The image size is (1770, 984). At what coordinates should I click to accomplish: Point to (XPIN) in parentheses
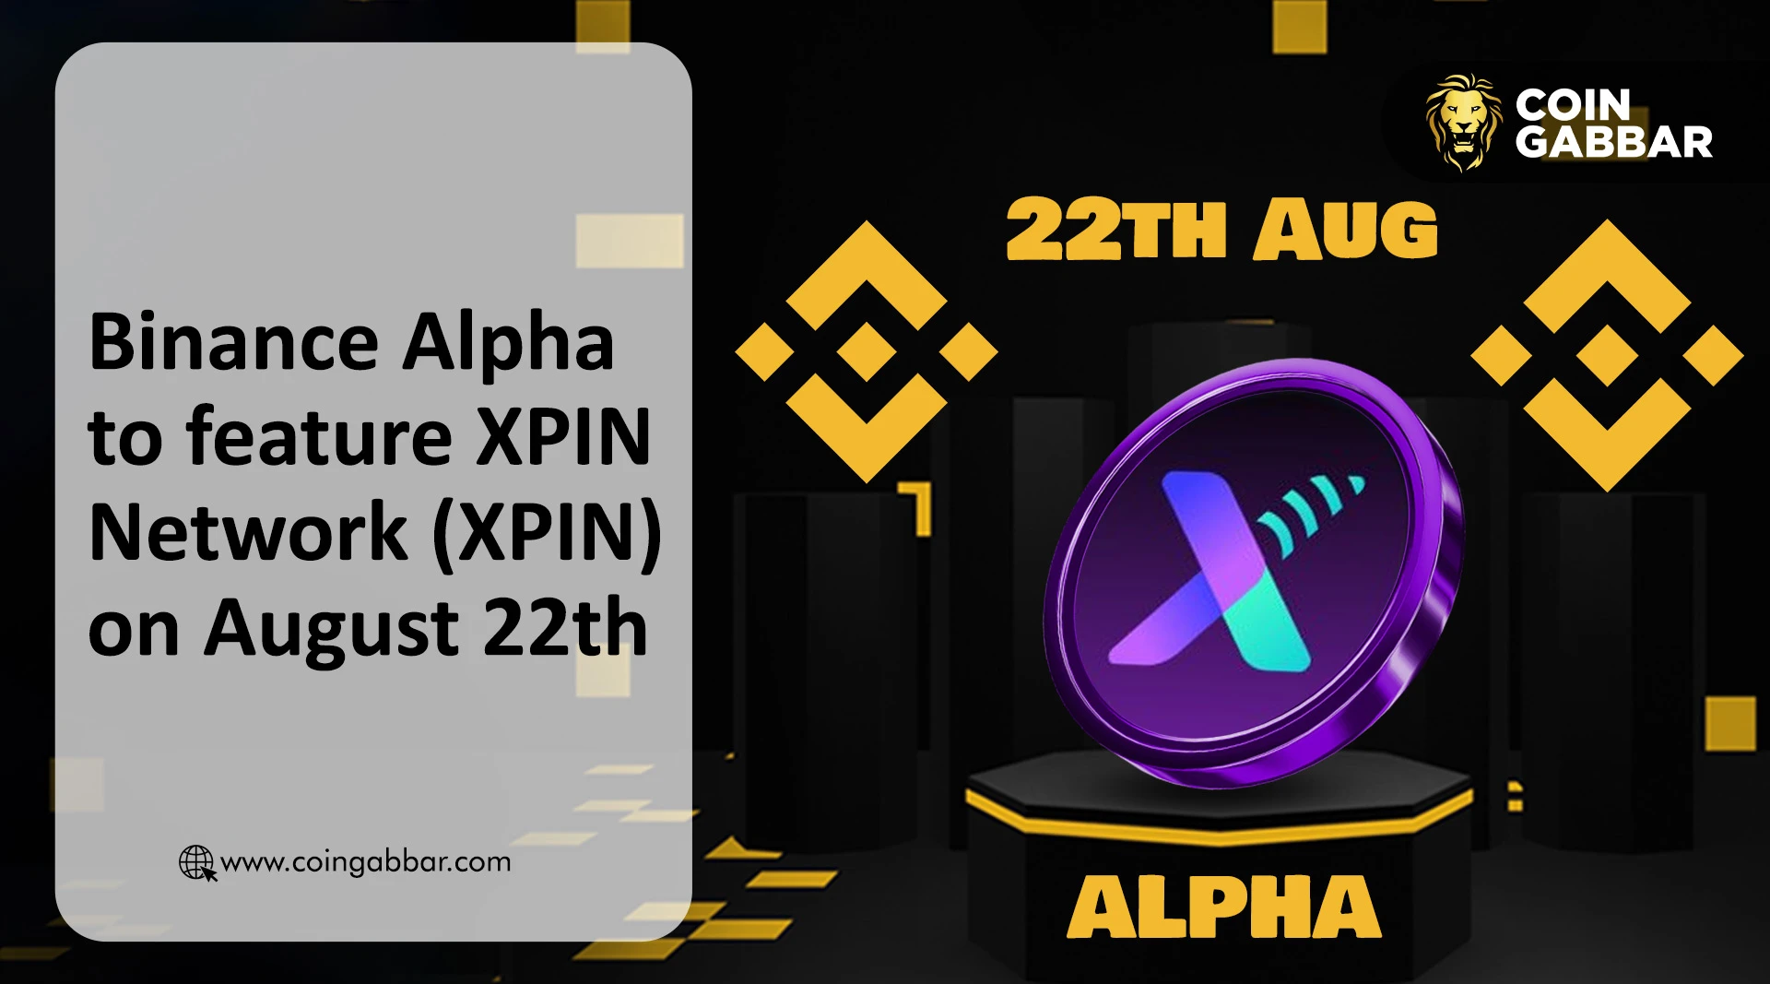(548, 535)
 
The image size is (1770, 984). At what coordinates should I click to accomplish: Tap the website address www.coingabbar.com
(366, 862)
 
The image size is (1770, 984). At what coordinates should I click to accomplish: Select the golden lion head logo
(1462, 123)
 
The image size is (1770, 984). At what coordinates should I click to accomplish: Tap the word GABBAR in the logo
(1614, 142)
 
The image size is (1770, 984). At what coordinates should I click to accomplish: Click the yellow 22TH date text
(1116, 229)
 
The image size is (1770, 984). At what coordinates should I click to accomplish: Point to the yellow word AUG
(1346, 229)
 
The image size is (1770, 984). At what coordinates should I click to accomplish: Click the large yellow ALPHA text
(1224, 907)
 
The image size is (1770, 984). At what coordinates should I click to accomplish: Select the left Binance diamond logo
(867, 351)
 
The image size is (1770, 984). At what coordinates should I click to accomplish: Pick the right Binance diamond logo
(1608, 355)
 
